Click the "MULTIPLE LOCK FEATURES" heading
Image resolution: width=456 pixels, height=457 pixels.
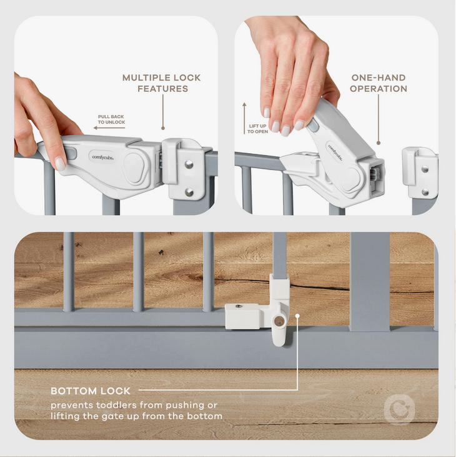pyautogui.click(x=162, y=83)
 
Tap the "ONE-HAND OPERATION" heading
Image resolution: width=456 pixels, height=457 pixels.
pyautogui.click(x=379, y=83)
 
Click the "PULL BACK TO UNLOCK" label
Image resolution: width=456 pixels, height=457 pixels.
pyautogui.click(x=111, y=119)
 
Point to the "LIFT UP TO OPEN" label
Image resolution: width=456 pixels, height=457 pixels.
pyautogui.click(x=258, y=129)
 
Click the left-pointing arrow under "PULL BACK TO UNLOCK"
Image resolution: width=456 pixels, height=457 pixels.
pyautogui.click(x=109, y=128)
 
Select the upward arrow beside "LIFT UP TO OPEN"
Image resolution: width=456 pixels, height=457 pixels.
pyautogui.click(x=244, y=118)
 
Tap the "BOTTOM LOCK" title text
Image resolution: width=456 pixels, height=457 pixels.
pyautogui.click(x=91, y=391)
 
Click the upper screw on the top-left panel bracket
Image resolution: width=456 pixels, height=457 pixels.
pyautogui.click(x=189, y=164)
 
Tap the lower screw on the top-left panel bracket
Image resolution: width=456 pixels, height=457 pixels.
pyautogui.click(x=189, y=192)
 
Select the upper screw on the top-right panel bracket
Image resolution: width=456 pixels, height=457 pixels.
pyautogui.click(x=425, y=169)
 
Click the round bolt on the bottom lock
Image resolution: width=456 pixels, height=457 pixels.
pyautogui.click(x=279, y=321)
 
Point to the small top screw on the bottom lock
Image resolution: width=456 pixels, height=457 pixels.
pyautogui.click(x=239, y=306)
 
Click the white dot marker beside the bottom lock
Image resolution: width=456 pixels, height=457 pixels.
pyautogui.click(x=297, y=316)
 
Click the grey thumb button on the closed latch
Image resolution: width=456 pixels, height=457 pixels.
pyautogui.click(x=70, y=153)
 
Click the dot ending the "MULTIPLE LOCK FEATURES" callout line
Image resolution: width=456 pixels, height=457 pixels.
pyautogui.click(x=163, y=128)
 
